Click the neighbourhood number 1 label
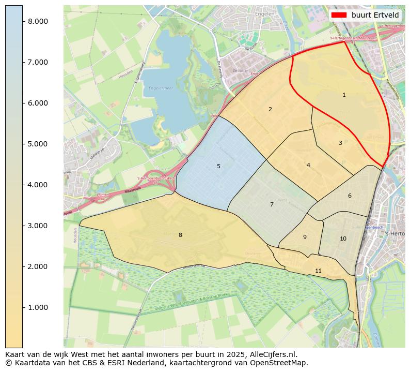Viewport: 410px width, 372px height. pos(344,95)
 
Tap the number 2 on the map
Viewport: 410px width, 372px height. pos(270,110)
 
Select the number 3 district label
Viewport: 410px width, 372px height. pos(340,143)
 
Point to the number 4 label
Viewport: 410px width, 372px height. pos(308,166)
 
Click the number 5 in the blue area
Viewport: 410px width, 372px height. pos(218,167)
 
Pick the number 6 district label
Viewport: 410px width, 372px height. pos(350,196)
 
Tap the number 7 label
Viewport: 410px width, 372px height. pos(272,205)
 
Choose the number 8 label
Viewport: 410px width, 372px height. pos(180,235)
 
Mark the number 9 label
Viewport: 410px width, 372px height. pos(305,237)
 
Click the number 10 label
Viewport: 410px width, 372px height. pos(343,239)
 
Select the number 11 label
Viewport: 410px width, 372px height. pos(318,271)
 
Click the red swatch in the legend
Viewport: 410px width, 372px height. pos(339,15)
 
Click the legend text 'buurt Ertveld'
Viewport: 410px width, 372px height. pos(375,15)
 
